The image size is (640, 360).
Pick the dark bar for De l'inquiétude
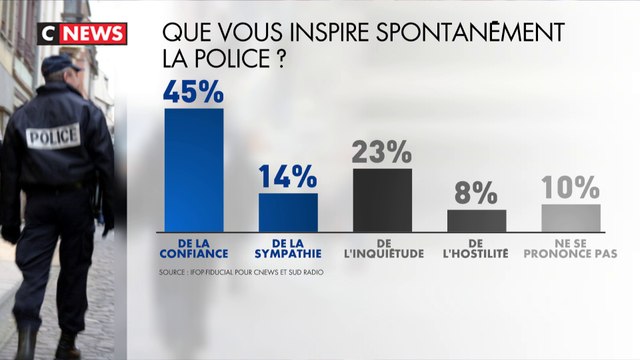coord(382,198)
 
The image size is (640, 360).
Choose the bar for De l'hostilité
coord(476,219)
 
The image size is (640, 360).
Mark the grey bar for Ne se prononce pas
coord(571,216)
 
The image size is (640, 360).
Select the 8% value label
coord(476,192)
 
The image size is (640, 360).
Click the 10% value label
coord(570,187)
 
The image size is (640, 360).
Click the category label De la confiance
coord(193,248)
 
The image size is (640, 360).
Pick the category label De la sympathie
coord(288,248)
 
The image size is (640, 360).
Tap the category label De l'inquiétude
coord(382,248)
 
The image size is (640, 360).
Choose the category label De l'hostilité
coord(476,248)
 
